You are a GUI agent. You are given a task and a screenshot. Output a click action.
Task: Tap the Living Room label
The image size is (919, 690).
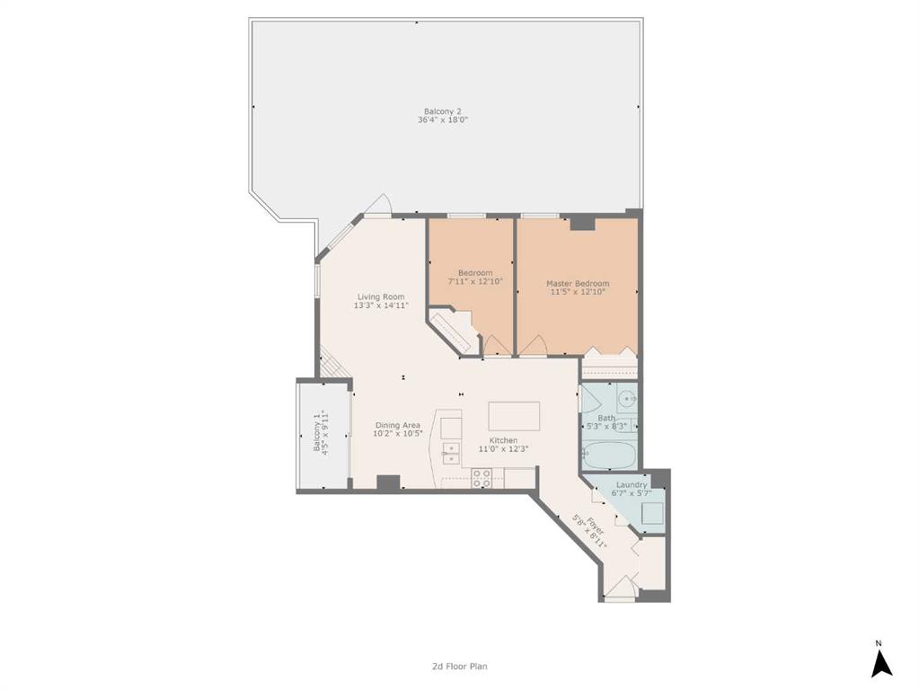pyautogui.click(x=381, y=296)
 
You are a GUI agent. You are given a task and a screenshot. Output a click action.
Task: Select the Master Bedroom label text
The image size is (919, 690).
pyautogui.click(x=578, y=283)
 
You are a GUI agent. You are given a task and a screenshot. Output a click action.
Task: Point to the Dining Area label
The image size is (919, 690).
pyautogui.click(x=398, y=425)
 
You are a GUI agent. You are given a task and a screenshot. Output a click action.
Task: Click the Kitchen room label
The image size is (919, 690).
pyautogui.click(x=503, y=440)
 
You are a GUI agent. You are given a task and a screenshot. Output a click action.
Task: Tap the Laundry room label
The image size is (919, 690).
pyautogui.click(x=632, y=485)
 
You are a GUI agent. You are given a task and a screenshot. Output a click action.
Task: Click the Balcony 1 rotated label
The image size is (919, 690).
pyautogui.click(x=317, y=433)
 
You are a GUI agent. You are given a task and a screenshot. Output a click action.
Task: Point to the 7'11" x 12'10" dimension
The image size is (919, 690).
pyautogui.click(x=475, y=281)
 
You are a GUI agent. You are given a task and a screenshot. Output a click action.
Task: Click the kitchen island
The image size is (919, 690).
pyautogui.click(x=514, y=416)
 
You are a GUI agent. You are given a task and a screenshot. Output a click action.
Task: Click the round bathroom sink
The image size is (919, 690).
pyautogui.click(x=628, y=399)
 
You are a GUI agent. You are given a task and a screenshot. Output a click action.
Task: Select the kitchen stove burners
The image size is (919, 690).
pyautogui.click(x=482, y=478)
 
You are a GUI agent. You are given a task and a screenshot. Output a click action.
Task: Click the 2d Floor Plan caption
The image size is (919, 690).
pyautogui.click(x=460, y=666)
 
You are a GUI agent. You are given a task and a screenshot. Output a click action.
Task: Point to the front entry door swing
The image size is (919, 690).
pyautogui.click(x=620, y=588)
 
